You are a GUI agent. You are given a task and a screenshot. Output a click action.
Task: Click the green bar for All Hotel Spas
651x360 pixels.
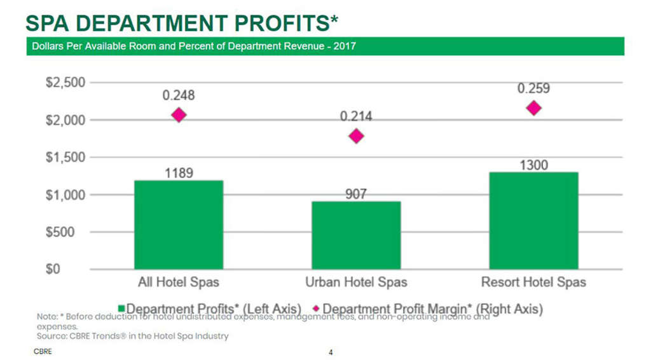pos(179,225)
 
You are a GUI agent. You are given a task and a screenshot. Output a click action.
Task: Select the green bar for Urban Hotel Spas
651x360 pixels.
pos(356,235)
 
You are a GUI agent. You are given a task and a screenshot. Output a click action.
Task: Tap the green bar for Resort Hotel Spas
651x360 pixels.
pos(533,220)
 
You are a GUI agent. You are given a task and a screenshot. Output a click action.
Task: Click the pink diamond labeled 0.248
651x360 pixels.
pos(179,115)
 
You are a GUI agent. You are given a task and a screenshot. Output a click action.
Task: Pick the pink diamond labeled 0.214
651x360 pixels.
pos(357,136)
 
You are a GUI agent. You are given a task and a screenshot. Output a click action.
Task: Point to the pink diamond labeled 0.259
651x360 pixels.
pos(533,108)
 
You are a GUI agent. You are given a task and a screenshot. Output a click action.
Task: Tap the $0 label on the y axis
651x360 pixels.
pos(76,269)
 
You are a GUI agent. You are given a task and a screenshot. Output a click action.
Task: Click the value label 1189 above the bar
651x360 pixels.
pos(179,174)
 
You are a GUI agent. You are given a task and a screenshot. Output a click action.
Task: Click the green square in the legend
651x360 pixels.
pos(121,309)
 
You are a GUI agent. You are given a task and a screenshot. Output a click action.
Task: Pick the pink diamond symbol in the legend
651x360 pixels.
pos(315,309)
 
